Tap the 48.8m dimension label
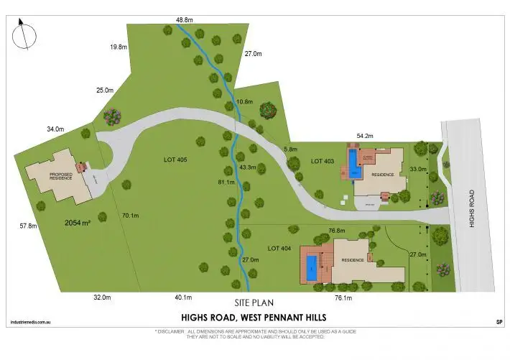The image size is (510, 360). tap(185, 19)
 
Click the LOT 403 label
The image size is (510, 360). tap(323, 161)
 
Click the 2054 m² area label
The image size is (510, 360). tap(77, 223)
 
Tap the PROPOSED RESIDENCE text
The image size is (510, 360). tap(61, 176)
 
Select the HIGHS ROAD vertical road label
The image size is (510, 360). tap(472, 208)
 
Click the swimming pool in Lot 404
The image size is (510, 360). tap(312, 267)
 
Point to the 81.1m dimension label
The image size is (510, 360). tap(226, 183)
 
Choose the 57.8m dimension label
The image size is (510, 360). tap(28, 226)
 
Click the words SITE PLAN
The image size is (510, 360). tap(254, 303)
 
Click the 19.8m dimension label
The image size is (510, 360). tap(119, 47)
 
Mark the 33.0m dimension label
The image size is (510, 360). tap(417, 169)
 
